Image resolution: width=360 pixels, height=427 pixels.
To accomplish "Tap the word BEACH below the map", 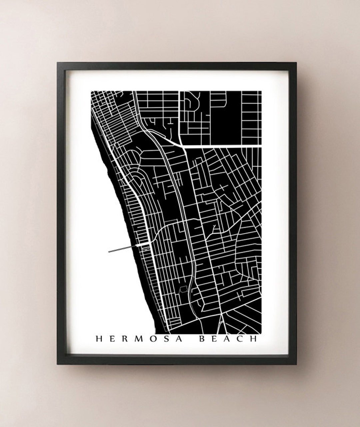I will pyautogui.click(x=228, y=339).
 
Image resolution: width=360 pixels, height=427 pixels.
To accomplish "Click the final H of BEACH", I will pyautogui.click(x=254, y=339).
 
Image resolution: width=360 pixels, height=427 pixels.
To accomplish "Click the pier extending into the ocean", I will pyautogui.click(x=123, y=248).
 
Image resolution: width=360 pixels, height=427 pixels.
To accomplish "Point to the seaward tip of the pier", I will pyautogui.click(x=109, y=252).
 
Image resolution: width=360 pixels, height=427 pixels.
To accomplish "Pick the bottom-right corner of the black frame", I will pyautogui.click(x=296, y=364).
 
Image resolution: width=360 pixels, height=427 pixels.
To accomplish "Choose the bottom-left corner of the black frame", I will pyautogui.click(x=57, y=364).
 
